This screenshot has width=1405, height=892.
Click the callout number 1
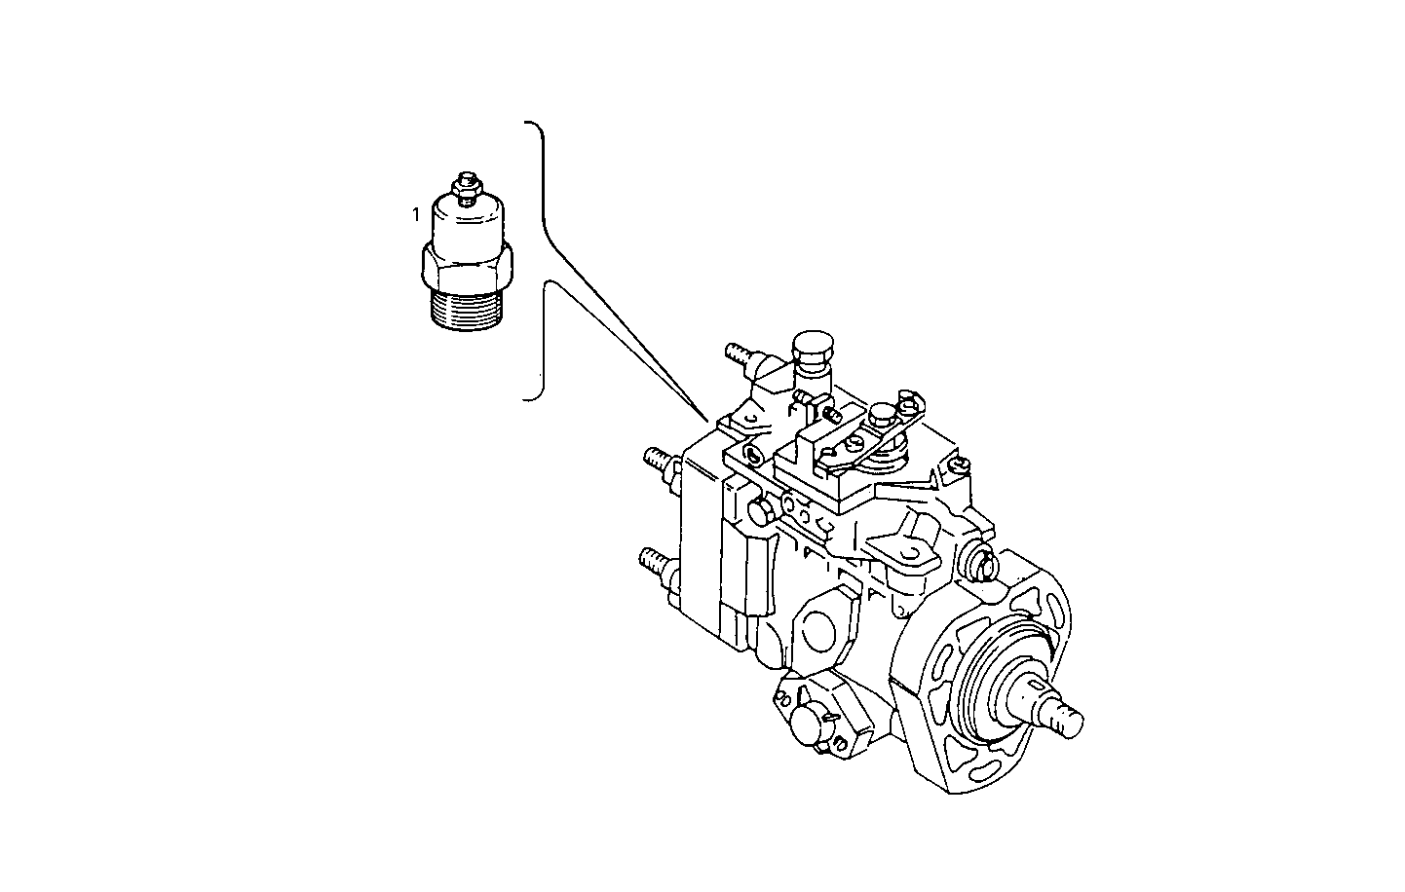[x=416, y=212]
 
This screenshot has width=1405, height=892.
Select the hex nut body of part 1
[x=465, y=264]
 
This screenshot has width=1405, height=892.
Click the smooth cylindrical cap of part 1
[x=466, y=221]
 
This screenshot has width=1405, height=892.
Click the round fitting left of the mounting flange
[x=978, y=561]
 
